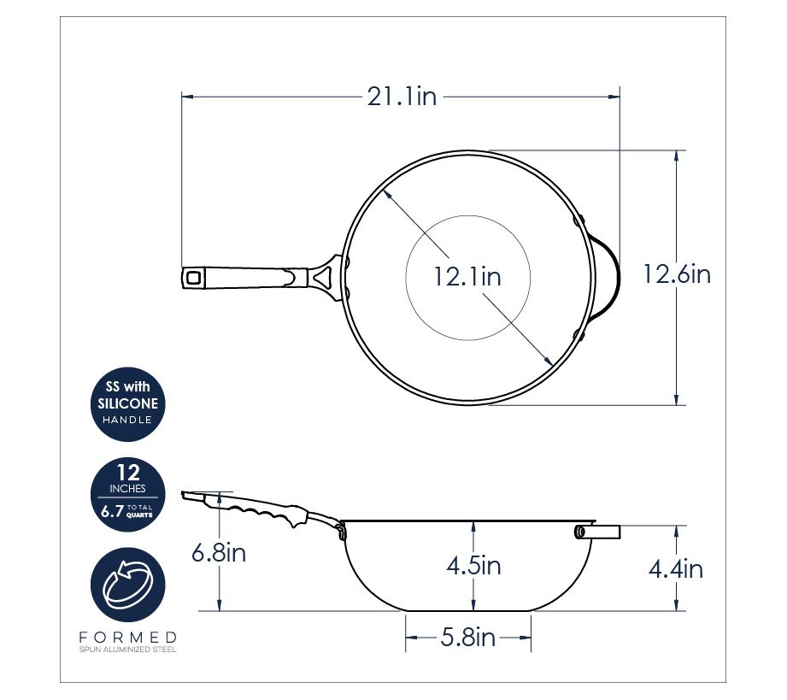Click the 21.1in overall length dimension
pos(402,97)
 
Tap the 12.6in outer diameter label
pos(677,274)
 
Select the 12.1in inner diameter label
pos(467,277)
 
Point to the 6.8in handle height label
pos(219,553)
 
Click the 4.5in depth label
pos(473,566)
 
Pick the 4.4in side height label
pos(676,569)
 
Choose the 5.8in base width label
pos(468,638)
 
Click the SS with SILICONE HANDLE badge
pos(128,403)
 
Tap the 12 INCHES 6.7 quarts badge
pos(128,495)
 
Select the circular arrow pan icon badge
pos(128,585)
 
